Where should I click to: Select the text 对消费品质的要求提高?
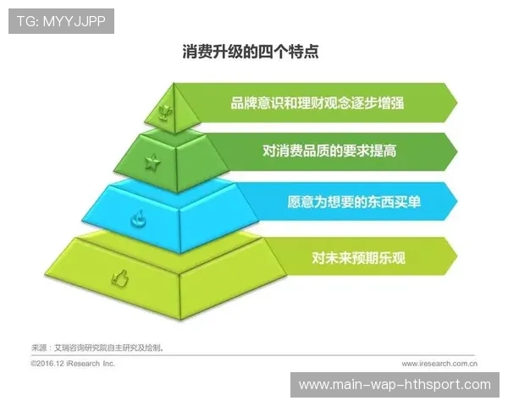click(x=329, y=151)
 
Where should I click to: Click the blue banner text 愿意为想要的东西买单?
click(x=349, y=202)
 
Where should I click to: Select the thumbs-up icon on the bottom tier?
click(x=119, y=275)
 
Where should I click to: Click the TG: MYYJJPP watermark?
click(x=61, y=21)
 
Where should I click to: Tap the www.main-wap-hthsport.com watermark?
click(x=395, y=385)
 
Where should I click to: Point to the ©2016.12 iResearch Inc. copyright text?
click(x=72, y=363)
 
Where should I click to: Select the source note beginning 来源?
click(x=97, y=347)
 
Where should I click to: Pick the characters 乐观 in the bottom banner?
click(x=393, y=257)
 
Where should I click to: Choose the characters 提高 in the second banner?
click(x=384, y=151)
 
